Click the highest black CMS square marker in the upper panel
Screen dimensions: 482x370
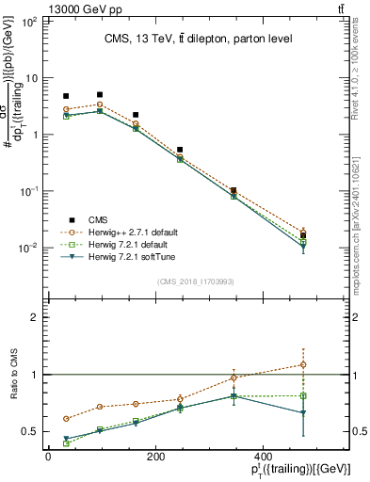[x=100, y=95]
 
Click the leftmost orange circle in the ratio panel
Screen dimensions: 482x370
[x=66, y=419]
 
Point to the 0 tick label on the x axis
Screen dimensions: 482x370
[x=48, y=456]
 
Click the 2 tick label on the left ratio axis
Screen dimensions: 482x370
[x=34, y=317]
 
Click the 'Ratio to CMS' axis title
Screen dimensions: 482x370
[x=13, y=375]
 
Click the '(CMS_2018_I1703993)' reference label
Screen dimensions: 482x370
[x=196, y=281]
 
